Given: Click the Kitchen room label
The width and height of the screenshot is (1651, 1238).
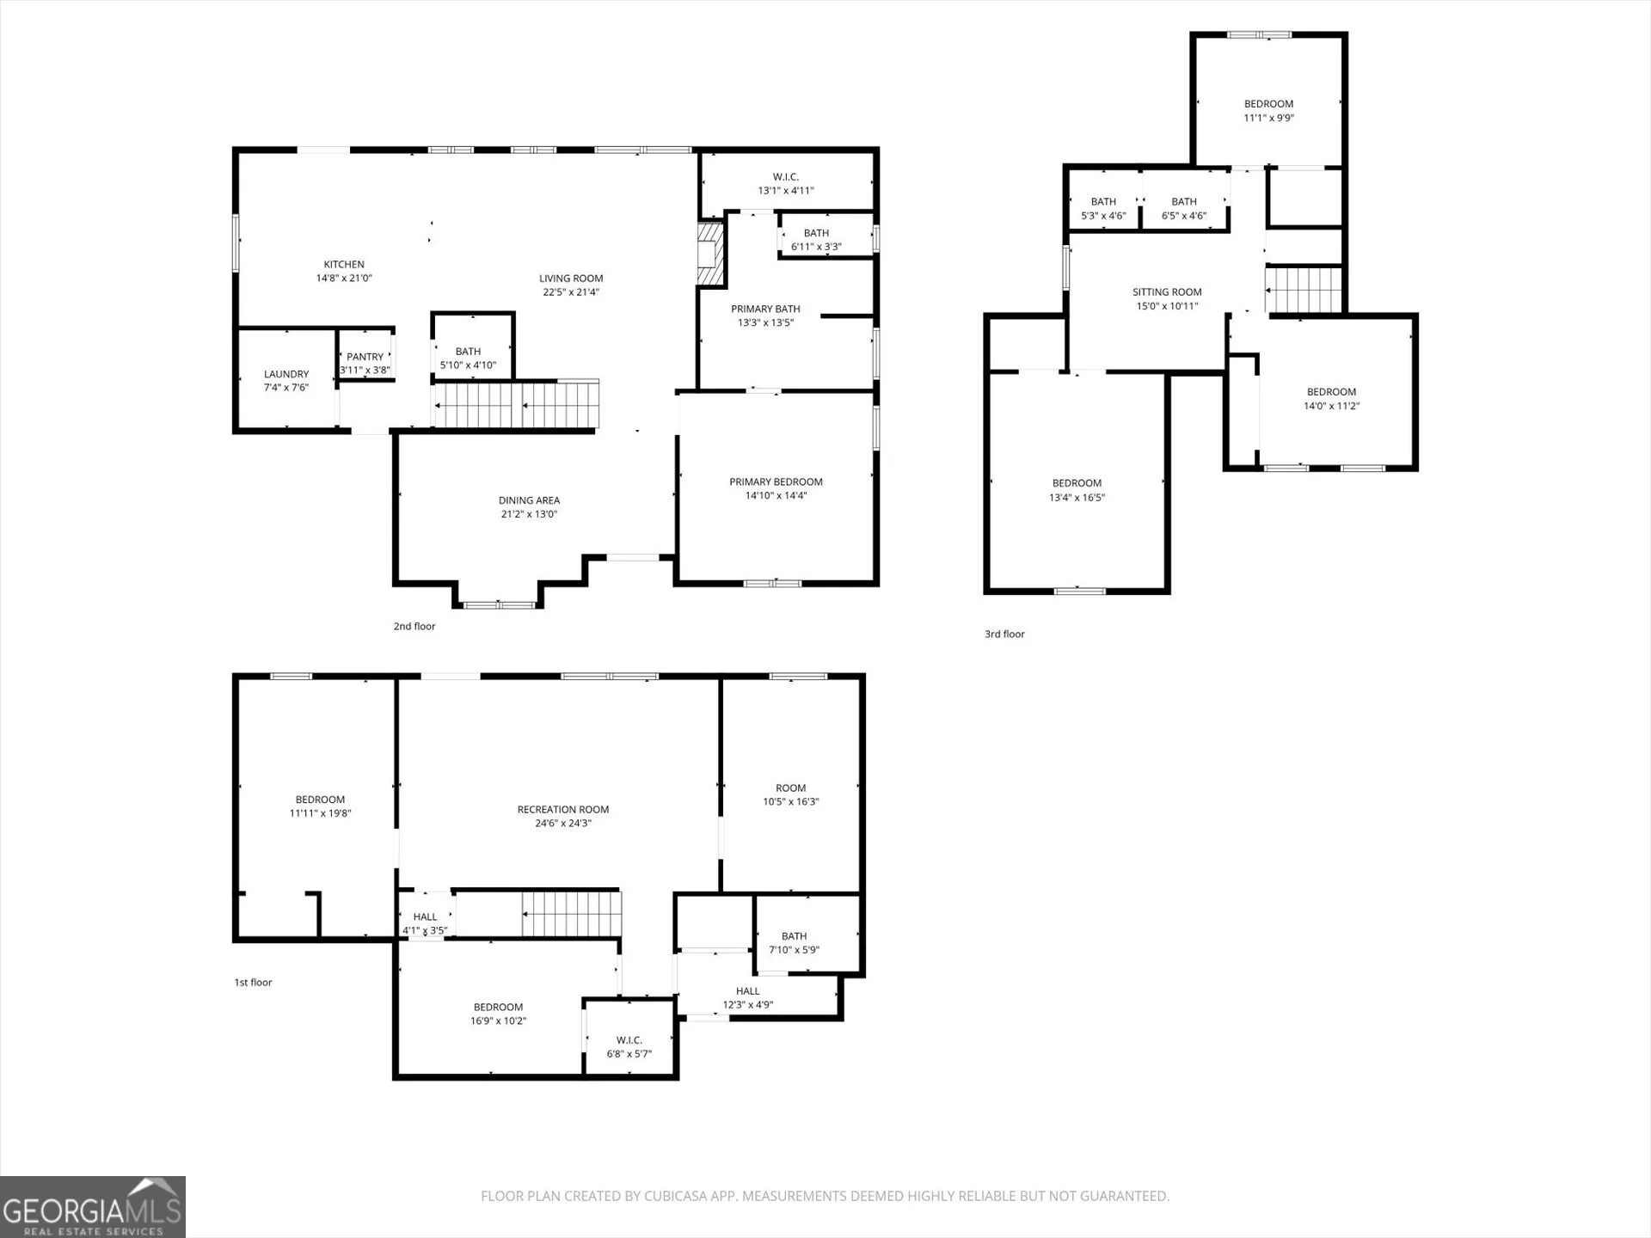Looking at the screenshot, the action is click(344, 265).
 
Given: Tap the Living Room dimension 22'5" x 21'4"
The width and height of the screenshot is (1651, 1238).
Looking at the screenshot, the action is click(571, 292).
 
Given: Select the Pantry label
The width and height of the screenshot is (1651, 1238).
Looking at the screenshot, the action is click(365, 357).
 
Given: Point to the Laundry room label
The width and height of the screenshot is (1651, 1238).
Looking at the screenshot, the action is click(286, 374).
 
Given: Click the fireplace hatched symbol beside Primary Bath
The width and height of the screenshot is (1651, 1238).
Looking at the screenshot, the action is click(710, 254).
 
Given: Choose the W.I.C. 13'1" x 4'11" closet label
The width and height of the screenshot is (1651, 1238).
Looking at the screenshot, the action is click(786, 184).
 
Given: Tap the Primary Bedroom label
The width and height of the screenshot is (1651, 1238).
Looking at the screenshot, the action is click(776, 482).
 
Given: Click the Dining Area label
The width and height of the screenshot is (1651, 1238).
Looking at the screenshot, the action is click(529, 500).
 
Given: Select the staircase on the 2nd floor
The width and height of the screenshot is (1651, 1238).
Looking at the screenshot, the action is click(516, 404).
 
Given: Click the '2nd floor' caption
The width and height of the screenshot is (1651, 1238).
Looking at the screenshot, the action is click(414, 627).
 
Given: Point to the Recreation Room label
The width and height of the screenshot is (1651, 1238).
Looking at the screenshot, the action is click(563, 810).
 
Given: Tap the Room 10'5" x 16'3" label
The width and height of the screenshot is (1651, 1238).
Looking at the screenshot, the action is click(791, 795).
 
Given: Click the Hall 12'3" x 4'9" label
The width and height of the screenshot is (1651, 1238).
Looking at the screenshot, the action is click(748, 998).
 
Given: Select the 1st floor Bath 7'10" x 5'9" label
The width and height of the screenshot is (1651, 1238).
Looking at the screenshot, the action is click(795, 943).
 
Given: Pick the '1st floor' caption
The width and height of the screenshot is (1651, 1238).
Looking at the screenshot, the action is click(253, 983).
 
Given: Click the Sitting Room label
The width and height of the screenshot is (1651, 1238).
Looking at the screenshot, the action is click(1167, 292).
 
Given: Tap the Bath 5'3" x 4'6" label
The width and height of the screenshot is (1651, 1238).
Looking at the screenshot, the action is click(1103, 209).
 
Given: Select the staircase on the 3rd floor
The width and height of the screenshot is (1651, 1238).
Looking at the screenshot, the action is click(1304, 290).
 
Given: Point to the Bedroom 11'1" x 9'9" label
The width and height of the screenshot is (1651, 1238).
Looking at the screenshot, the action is click(1269, 111).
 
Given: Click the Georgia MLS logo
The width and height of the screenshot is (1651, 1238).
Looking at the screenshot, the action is click(93, 1207).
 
